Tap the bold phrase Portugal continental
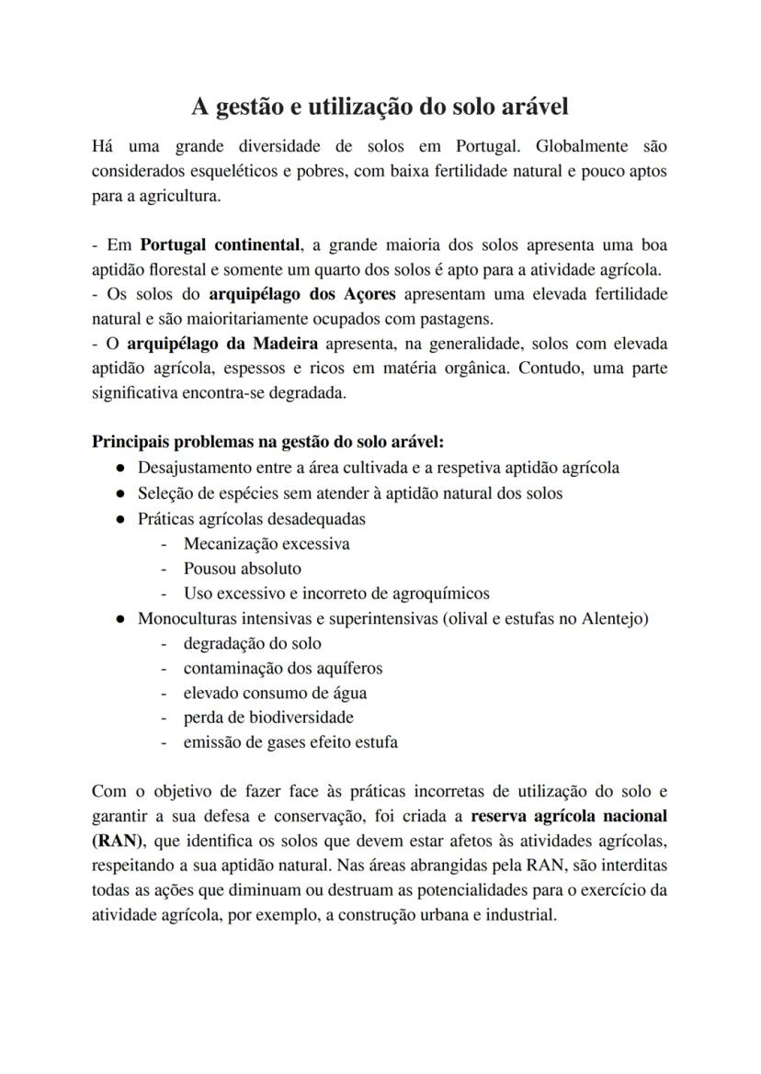tap(220, 246)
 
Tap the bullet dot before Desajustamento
tap(120, 469)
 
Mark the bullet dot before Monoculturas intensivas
tap(120, 619)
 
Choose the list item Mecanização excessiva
tap(267, 543)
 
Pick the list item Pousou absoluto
tap(242, 569)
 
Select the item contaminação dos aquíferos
tap(283, 668)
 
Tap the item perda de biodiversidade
tap(268, 718)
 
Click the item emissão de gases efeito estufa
tap(290, 742)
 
